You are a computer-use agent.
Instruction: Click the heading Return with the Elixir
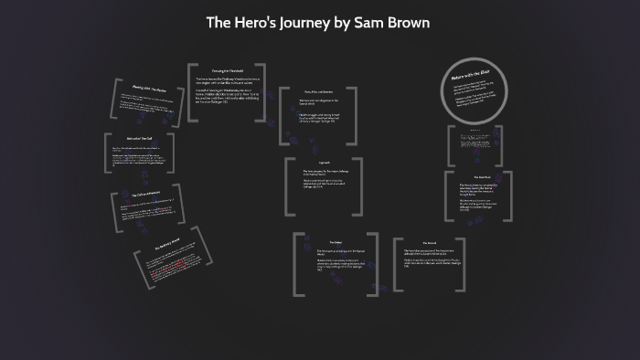[470, 79]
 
